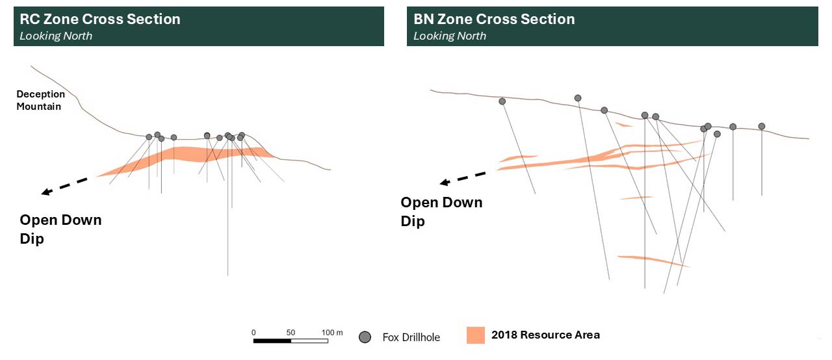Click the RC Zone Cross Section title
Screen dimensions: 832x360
[x=100, y=19]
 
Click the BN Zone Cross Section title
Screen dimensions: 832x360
[x=494, y=19]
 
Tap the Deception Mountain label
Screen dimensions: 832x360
[x=40, y=100]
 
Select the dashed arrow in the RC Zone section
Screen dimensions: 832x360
[x=64, y=186]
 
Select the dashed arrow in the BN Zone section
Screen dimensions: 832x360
[x=463, y=178]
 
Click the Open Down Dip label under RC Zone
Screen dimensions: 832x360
[x=60, y=229]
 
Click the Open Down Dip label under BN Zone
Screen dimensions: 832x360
[x=441, y=212]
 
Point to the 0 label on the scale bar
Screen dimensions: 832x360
[x=253, y=333]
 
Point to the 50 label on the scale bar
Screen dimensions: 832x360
[x=291, y=333]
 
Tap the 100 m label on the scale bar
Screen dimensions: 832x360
[x=332, y=333]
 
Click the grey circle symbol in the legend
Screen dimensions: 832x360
[x=365, y=337]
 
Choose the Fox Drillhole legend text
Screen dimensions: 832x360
[x=411, y=337]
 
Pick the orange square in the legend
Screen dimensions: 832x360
[x=476, y=335]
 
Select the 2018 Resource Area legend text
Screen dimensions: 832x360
[x=545, y=335]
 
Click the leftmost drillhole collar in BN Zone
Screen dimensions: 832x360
[x=502, y=101]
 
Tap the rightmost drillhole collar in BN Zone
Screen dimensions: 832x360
[x=762, y=126]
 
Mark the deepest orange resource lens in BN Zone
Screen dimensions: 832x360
[x=653, y=261]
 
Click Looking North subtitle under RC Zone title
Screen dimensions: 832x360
[x=56, y=36]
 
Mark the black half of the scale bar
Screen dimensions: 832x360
[x=272, y=341]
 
